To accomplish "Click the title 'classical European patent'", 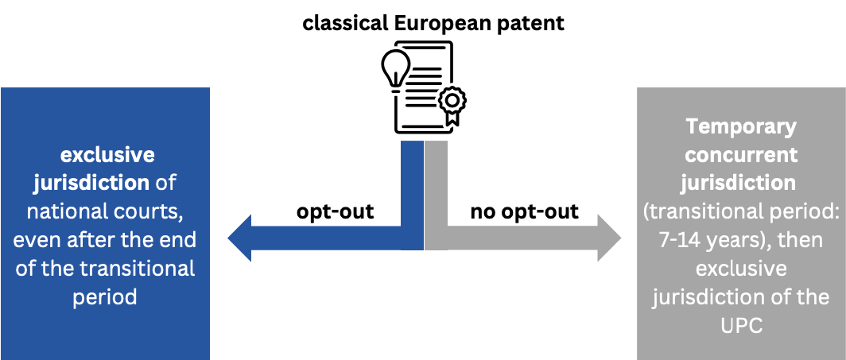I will (433, 23).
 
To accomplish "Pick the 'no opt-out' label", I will (525, 212).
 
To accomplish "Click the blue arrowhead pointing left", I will (242, 237).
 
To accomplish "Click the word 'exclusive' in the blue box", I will (107, 153).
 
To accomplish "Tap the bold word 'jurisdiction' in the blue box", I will (91, 182).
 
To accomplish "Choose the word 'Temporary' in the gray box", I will (741, 126).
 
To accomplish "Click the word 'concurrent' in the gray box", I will (741, 153).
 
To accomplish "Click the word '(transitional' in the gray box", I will (700, 211).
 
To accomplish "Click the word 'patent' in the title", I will (534, 23).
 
